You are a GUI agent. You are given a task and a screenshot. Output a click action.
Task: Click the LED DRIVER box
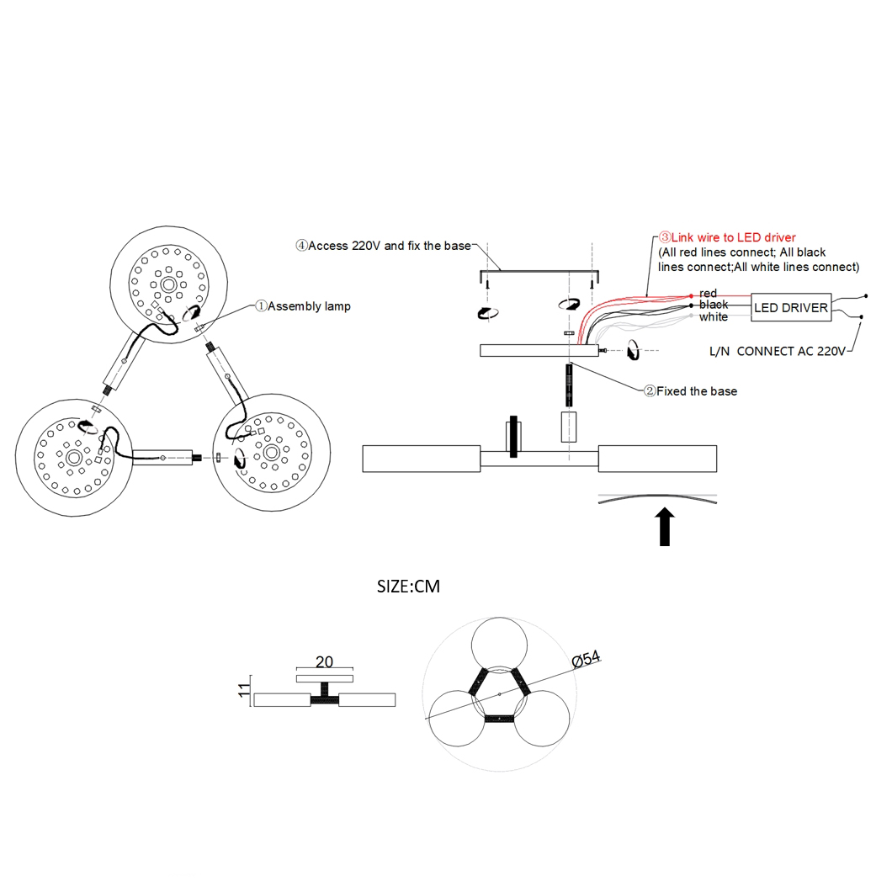(791, 308)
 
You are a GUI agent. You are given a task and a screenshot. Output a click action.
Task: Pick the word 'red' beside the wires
(709, 293)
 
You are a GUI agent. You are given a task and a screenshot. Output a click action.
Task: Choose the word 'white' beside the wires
(714, 317)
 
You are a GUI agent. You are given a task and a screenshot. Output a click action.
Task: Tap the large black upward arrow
(665, 527)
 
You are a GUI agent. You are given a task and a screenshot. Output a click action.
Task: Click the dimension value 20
(325, 662)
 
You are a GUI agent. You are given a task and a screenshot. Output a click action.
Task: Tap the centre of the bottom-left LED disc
(73, 458)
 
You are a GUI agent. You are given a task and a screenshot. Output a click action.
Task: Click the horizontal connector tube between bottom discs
(163, 458)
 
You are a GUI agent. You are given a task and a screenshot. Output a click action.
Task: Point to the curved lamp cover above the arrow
(657, 497)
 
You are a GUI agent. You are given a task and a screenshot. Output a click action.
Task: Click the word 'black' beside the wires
(714, 305)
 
